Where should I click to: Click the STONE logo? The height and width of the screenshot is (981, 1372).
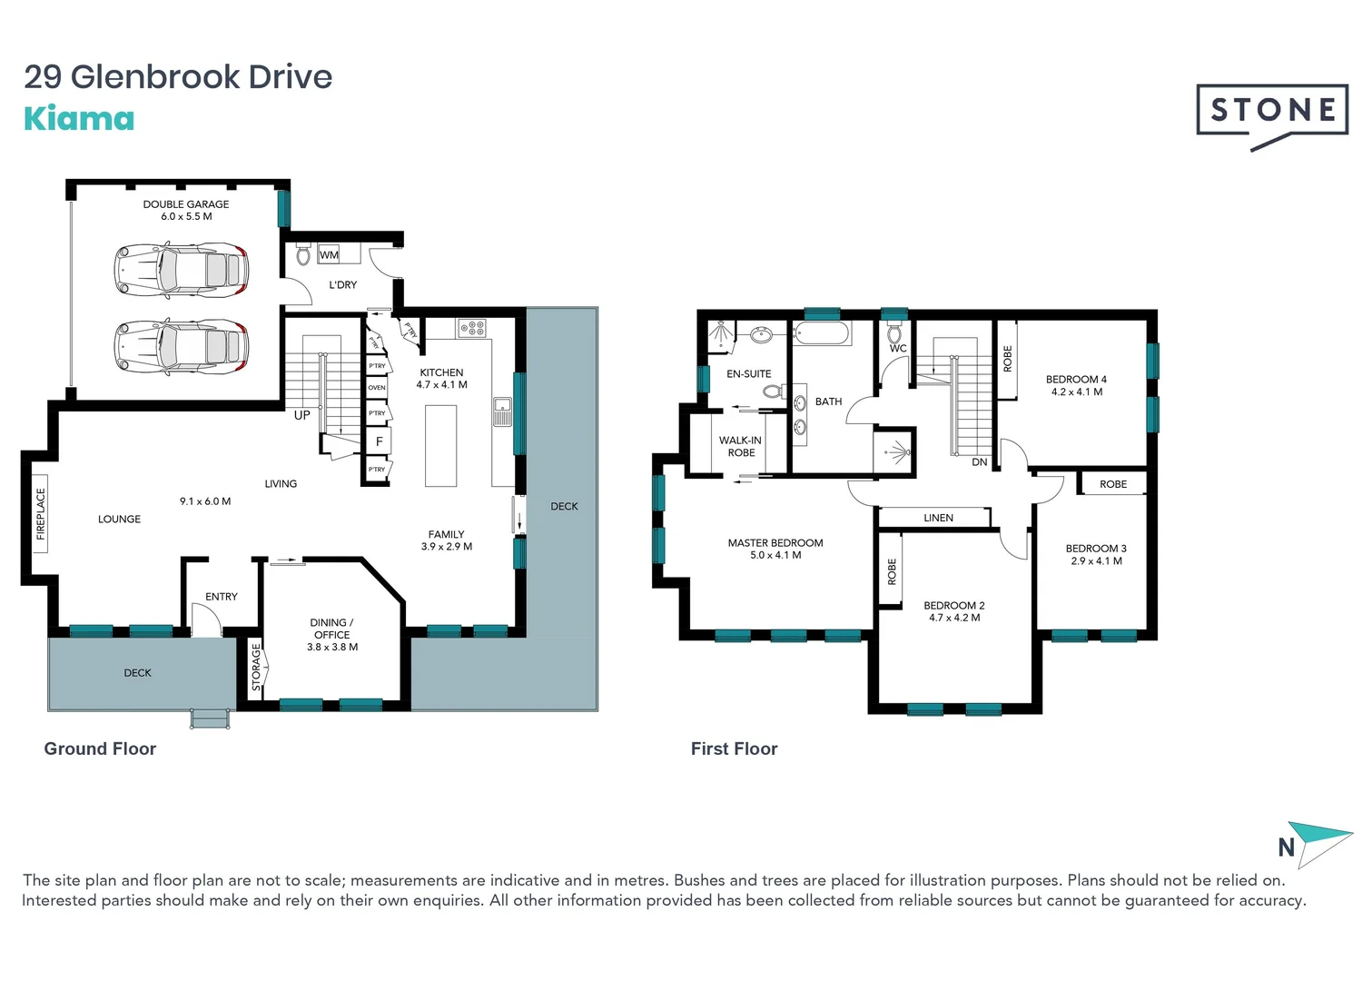coord(1272,111)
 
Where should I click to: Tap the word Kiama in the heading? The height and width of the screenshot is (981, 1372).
coord(79,119)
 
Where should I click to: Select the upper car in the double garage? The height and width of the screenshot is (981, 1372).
coord(181,270)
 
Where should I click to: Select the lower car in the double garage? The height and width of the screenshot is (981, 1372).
coord(181,346)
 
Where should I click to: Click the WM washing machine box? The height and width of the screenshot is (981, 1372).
coord(329,254)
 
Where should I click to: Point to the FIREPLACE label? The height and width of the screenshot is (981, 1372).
coord(40,514)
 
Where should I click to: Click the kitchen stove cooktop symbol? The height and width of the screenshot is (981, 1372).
coord(472,328)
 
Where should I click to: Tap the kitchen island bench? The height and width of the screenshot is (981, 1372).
coord(441,445)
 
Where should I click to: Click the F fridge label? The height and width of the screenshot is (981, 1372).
coord(380,441)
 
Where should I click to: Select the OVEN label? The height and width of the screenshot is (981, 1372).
coord(377,388)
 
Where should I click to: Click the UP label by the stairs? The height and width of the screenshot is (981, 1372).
coord(302,415)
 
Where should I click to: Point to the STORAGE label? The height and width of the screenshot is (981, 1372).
coord(256,667)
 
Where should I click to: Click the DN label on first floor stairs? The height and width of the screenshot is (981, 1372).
coord(979,462)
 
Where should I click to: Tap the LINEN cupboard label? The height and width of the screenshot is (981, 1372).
coord(938,518)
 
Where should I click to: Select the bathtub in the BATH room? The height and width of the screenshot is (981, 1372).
coord(821,332)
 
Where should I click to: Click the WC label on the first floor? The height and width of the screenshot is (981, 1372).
coord(897,348)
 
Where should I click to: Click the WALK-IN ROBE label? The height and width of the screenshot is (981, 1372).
coord(740,446)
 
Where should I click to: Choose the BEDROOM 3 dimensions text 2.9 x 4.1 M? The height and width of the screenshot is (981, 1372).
coord(1096,561)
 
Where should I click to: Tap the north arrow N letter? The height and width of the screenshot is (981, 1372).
coord(1286,847)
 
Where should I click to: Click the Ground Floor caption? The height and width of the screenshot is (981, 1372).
coord(100,748)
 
